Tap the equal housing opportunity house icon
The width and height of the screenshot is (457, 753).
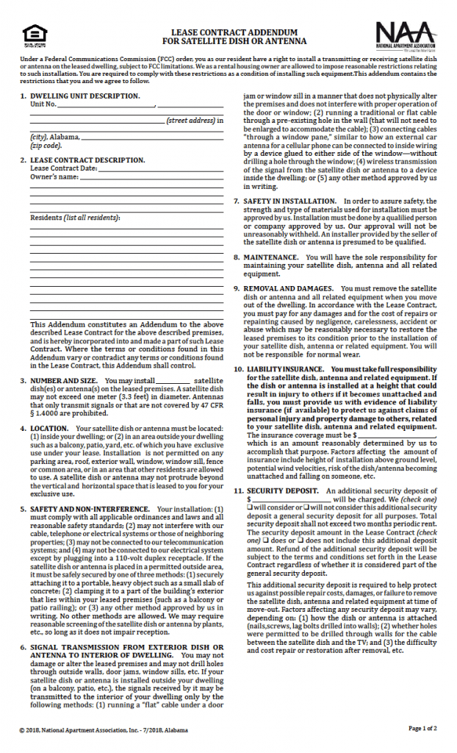coord(34,34)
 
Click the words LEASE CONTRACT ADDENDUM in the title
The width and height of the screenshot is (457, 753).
coord(228,33)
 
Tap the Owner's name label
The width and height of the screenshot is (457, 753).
coord(54,176)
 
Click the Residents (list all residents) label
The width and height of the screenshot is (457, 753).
coord(74,218)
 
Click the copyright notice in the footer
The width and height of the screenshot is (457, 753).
coord(103,729)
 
